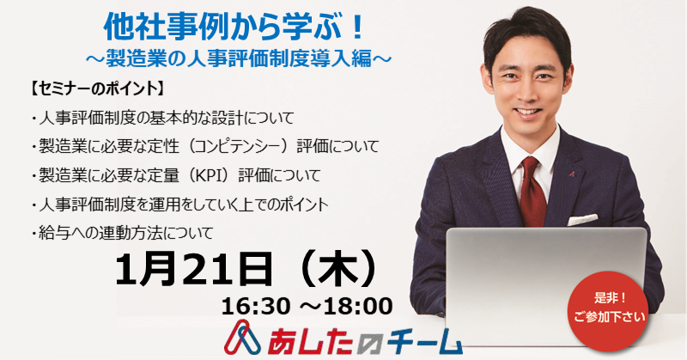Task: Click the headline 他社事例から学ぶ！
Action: (234, 27)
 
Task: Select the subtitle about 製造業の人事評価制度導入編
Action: (239, 58)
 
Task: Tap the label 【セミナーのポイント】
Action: (97, 89)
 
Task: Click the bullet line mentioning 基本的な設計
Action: (162, 118)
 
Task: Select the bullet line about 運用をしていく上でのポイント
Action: (179, 204)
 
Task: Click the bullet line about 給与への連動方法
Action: (122, 233)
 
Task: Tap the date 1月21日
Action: (193, 269)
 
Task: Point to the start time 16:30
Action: (256, 306)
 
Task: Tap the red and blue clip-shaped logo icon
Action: (242, 338)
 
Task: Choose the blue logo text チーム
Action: (419, 342)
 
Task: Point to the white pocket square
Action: (582, 219)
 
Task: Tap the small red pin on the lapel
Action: (572, 174)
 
